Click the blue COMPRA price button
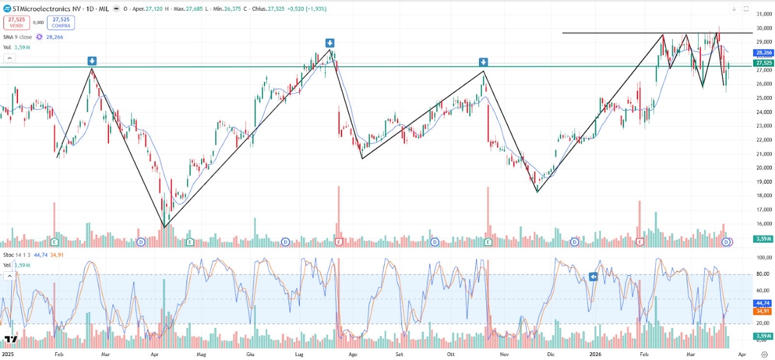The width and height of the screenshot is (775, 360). point(61,22)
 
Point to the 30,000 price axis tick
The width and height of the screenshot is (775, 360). point(762,28)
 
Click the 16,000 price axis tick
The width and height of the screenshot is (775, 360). point(762,224)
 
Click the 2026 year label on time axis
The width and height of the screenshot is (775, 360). point(596,354)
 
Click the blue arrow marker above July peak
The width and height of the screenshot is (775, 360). point(330,43)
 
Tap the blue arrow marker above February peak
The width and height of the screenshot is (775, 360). point(92,61)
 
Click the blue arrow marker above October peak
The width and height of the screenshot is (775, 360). point(484,62)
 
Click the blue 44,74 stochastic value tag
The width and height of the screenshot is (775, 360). point(762,302)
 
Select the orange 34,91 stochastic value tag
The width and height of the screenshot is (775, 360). point(762,310)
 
